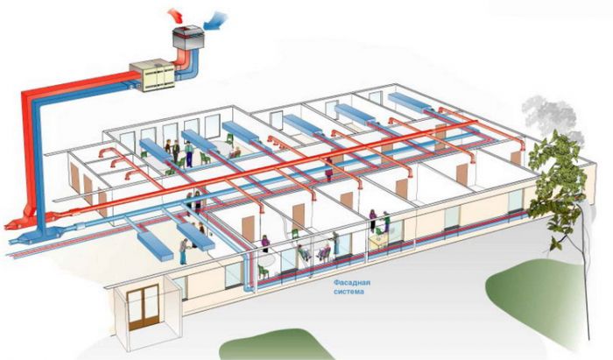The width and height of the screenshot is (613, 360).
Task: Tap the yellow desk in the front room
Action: click(379, 241)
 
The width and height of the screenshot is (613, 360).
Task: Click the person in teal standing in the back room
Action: click(187, 152)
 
